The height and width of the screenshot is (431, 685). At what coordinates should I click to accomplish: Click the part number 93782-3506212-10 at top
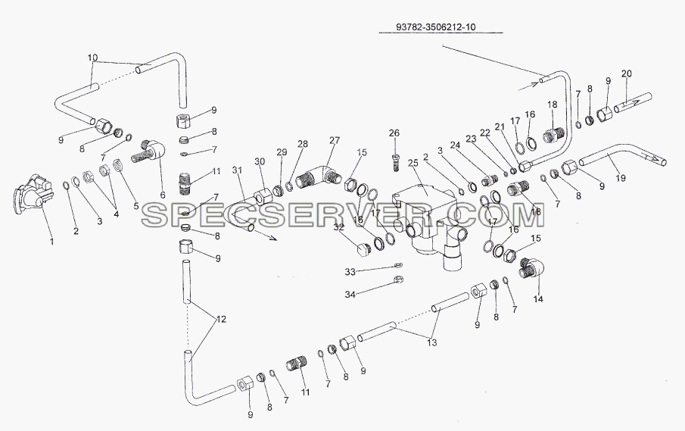(435, 27)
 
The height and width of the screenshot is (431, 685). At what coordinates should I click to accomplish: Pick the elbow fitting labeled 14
(531, 268)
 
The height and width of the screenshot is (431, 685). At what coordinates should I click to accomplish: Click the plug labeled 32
(362, 250)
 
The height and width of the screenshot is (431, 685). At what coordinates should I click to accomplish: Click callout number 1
(52, 241)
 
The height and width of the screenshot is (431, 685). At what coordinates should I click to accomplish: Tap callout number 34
(350, 295)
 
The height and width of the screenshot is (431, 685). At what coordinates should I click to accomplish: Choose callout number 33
(350, 272)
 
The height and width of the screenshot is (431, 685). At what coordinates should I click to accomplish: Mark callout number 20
(626, 73)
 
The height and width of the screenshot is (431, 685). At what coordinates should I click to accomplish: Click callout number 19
(621, 177)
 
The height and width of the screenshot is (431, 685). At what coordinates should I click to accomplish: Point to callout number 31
(237, 169)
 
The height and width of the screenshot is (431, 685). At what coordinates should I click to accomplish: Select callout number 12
(221, 319)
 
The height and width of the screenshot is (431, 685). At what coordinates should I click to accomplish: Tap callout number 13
(431, 342)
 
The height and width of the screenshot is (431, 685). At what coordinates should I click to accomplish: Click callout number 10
(92, 58)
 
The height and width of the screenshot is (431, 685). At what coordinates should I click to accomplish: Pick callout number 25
(413, 163)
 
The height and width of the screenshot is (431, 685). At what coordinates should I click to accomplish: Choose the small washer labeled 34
(398, 280)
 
